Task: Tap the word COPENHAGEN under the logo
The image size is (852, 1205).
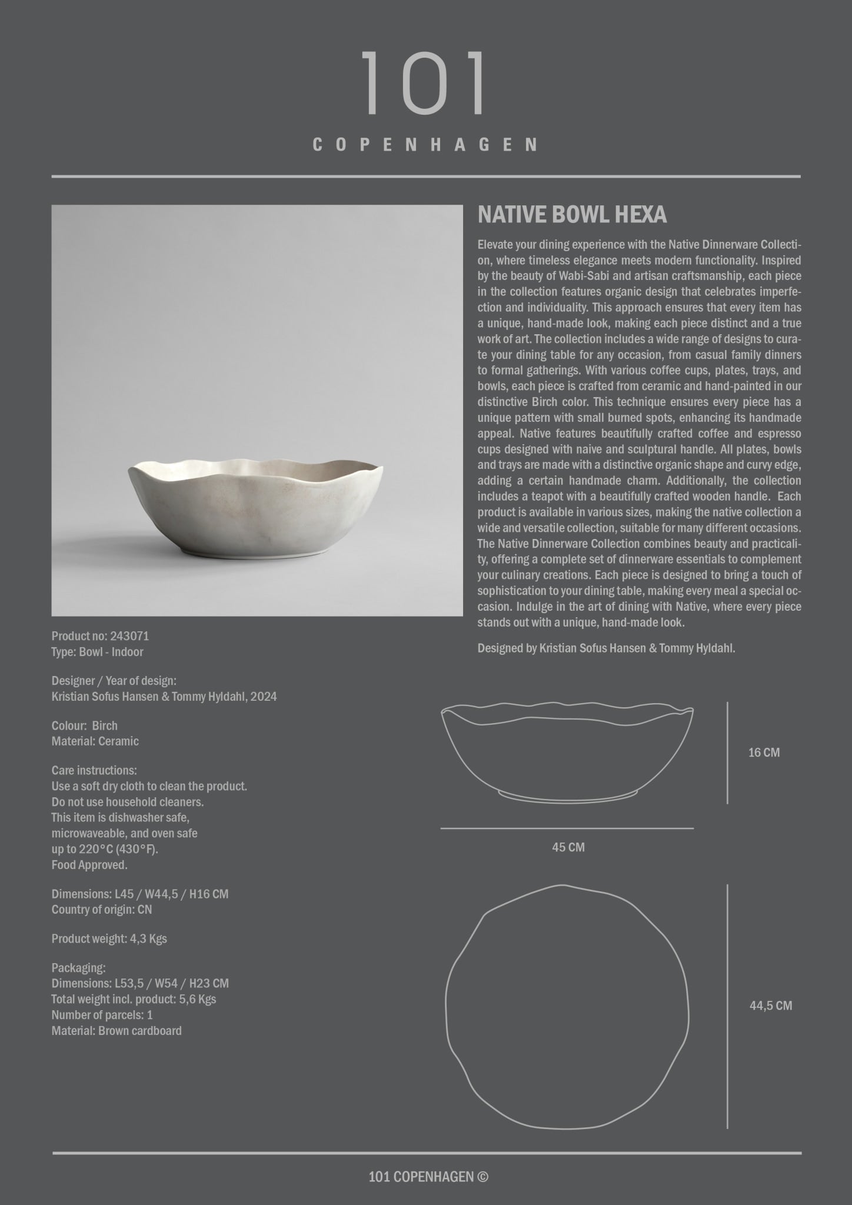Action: (425, 145)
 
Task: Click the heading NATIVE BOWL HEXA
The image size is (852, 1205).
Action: (572, 215)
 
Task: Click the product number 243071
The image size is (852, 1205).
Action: (129, 636)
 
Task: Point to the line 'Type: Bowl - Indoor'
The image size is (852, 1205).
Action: (98, 652)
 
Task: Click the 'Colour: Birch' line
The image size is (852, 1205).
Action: (85, 725)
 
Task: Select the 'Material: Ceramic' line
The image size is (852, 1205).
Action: (95, 741)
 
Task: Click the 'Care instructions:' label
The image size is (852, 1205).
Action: (94, 770)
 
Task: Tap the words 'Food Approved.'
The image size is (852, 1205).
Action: (89, 865)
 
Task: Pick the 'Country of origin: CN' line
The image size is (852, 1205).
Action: (102, 910)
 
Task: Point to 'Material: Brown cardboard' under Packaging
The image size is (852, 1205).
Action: (117, 1031)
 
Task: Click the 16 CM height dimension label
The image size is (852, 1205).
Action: (764, 753)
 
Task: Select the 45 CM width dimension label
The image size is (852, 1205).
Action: (568, 847)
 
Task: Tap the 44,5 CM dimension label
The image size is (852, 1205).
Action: (771, 1006)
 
